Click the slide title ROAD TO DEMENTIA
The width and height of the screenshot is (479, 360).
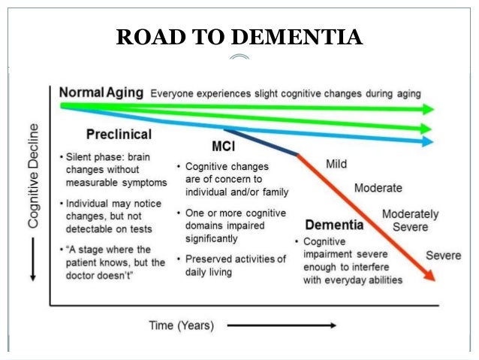coord(239,36)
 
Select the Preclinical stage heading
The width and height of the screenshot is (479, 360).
coord(118,135)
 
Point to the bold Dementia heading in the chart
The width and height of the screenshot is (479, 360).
coord(334,225)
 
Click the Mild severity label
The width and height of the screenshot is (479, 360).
coord(336,163)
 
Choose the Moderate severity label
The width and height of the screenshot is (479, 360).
coord(378,187)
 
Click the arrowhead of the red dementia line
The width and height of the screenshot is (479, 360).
coord(429,276)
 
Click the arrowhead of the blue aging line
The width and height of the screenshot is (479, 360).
coord(429,141)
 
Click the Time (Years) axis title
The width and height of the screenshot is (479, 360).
coord(180,325)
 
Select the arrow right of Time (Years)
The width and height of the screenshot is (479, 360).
coord(281,325)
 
